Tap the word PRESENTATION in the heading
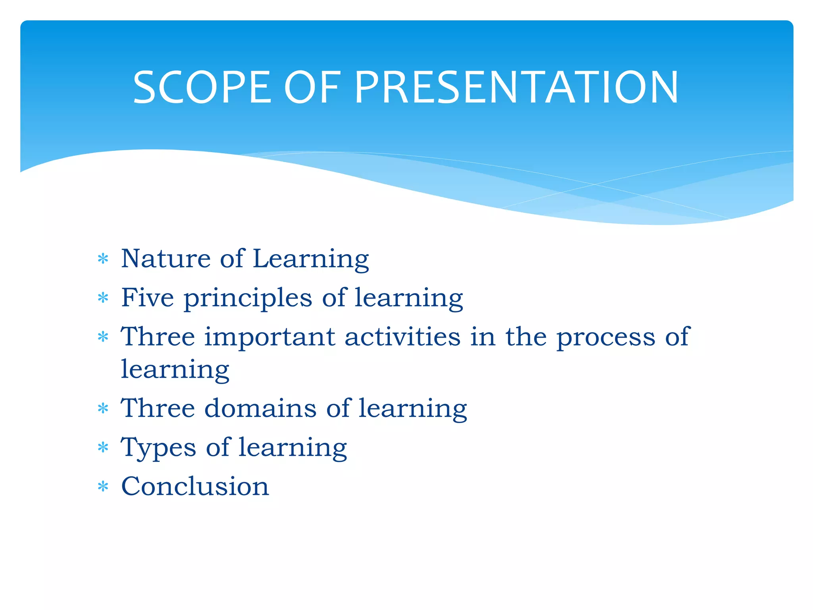coord(516,87)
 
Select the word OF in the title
coord(312,87)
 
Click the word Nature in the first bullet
coord(166,259)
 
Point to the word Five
coord(147,297)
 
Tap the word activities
coord(403,337)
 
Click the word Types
coord(158,448)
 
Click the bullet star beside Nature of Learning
coord(103,259)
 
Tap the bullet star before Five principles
coord(103,298)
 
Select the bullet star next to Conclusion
coord(103,486)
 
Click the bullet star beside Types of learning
coord(103,448)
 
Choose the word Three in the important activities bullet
coord(158,337)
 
